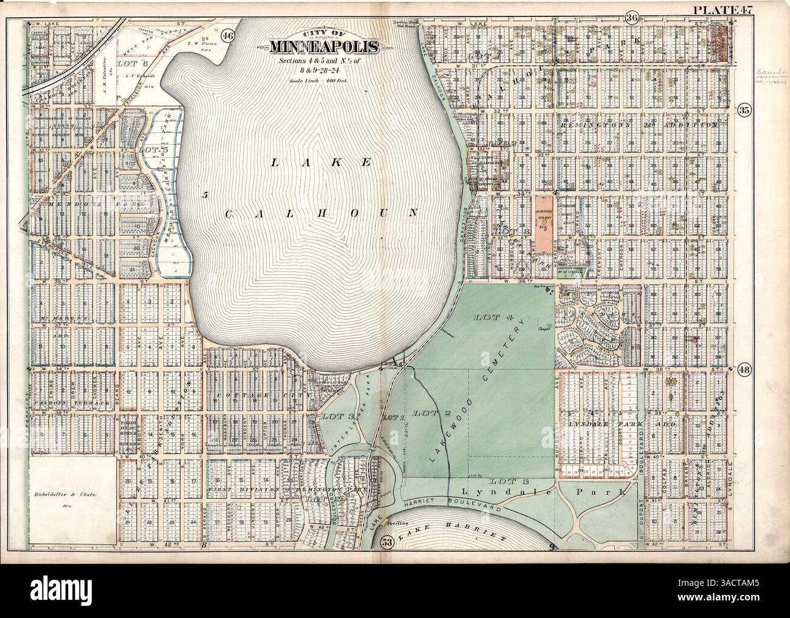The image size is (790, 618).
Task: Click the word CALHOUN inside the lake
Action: pyautogui.click(x=322, y=212)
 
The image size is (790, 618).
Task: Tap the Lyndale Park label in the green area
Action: pyautogui.click(x=509, y=491)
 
